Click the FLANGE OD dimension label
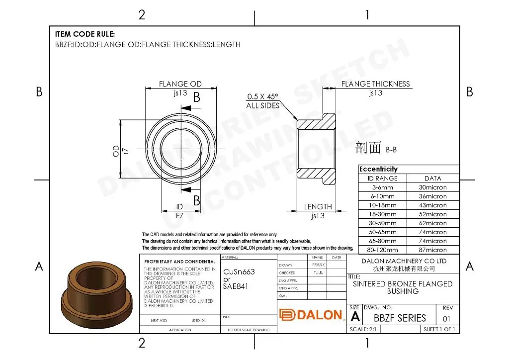(x=180, y=84)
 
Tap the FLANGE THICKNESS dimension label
(x=375, y=84)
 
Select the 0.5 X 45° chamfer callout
(x=263, y=96)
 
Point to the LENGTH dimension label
(x=318, y=207)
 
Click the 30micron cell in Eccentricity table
(x=432, y=187)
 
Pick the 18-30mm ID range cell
(x=382, y=214)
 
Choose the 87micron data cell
(x=432, y=250)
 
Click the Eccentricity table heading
(x=379, y=169)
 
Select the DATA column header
(x=432, y=179)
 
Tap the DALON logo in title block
(x=311, y=315)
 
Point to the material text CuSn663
(x=239, y=272)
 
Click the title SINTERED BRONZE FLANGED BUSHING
(x=403, y=287)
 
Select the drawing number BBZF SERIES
(x=400, y=318)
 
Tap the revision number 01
(x=446, y=318)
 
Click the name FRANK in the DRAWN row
(x=318, y=265)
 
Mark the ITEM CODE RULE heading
(x=85, y=34)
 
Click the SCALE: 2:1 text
(x=365, y=329)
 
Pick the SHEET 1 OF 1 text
(x=439, y=329)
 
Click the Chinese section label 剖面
(x=368, y=147)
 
